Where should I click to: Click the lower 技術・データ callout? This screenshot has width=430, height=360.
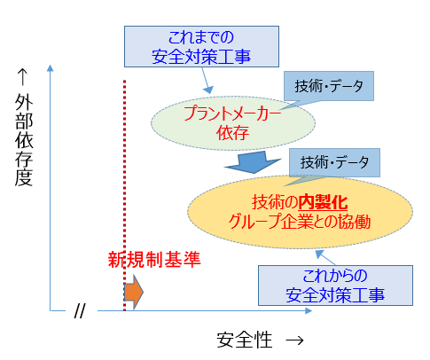(334, 162)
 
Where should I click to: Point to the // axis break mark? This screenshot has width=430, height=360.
(78, 311)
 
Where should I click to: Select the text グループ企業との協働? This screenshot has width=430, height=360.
(300, 222)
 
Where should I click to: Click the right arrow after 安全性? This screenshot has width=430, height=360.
(295, 340)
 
